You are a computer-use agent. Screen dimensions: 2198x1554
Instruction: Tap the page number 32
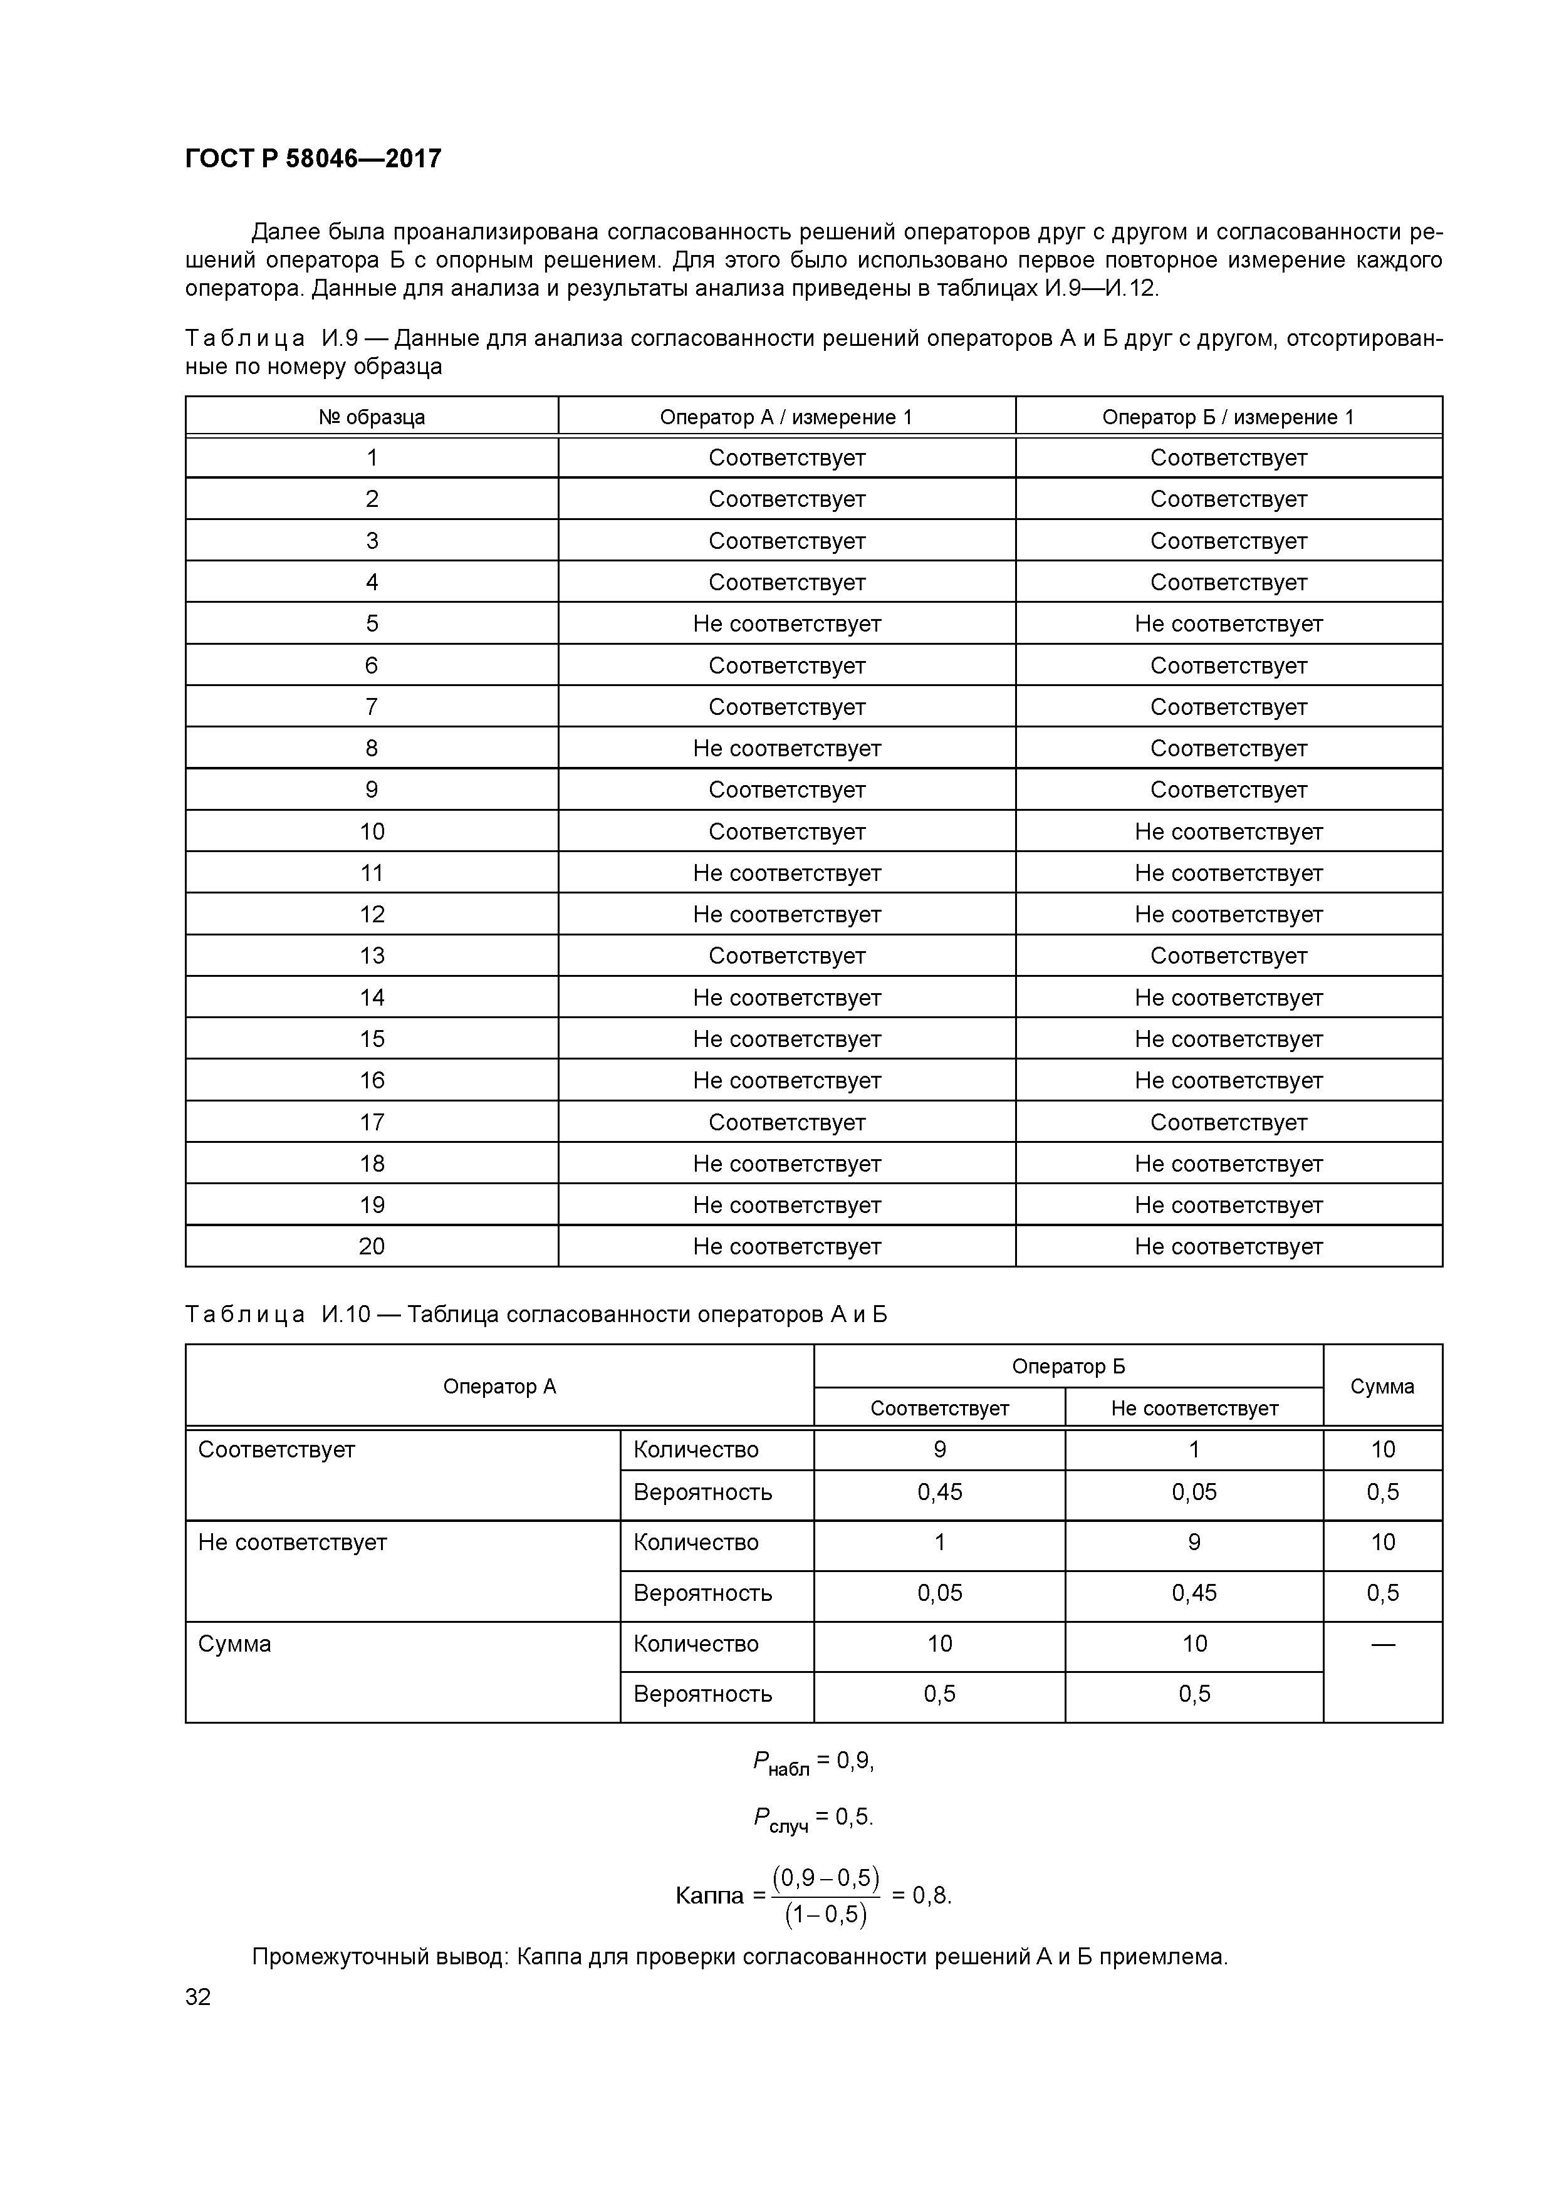tap(198, 1996)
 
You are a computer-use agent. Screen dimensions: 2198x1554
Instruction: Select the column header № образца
tap(372, 417)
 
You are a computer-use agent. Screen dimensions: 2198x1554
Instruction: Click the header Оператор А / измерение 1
tap(786, 417)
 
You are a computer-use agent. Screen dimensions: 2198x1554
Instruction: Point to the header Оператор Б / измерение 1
tap(1228, 417)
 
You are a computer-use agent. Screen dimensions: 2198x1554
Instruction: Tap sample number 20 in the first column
tap(372, 1246)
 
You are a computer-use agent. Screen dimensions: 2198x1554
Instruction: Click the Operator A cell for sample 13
tap(786, 956)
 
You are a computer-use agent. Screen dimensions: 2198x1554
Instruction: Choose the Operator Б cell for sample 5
tap(1228, 624)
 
